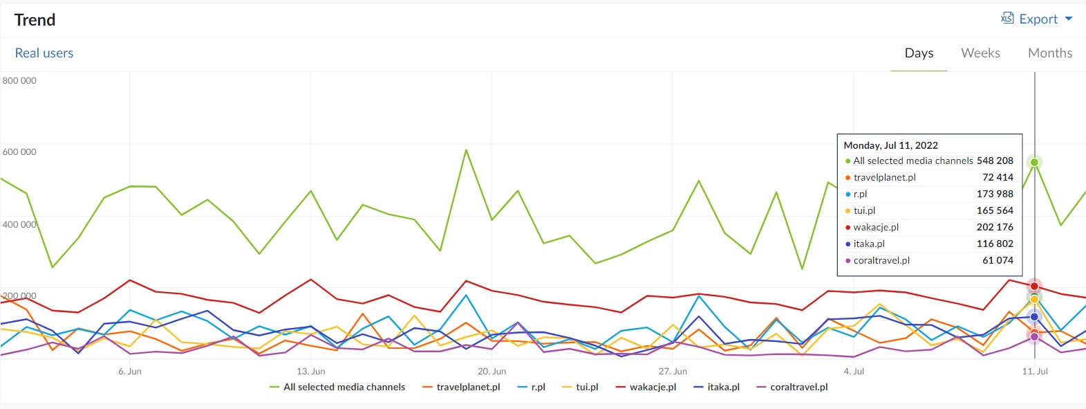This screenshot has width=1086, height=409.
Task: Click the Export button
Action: coord(1037,19)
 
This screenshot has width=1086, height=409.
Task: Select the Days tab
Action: coord(919,53)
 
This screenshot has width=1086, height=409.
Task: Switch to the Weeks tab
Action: coord(980,53)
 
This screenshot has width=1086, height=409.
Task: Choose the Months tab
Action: coord(1049,53)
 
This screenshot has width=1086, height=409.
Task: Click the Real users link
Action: coord(44,53)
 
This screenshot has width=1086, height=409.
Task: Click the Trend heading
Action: coord(35,20)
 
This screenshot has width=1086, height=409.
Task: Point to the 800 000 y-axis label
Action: coord(19,80)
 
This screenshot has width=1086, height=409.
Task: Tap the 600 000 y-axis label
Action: coord(19,152)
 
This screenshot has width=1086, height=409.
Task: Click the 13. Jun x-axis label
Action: coord(310,372)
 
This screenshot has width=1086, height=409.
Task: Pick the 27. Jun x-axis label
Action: coord(673,372)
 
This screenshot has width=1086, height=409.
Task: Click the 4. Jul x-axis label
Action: coord(854,372)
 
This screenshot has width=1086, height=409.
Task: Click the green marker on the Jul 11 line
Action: coord(1034,162)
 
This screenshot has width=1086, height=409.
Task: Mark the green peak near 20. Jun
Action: coord(466,149)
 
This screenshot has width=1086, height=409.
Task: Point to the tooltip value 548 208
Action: coord(995,161)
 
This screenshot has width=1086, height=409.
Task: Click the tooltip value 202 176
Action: coord(995,227)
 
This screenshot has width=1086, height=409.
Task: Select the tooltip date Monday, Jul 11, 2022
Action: coord(890,145)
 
